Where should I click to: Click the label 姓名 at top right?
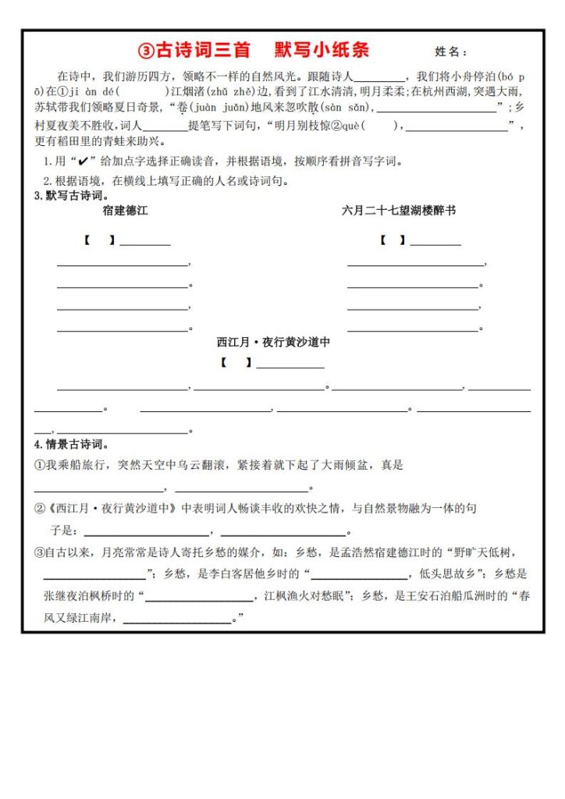click(449, 52)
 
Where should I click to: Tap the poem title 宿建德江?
click(125, 211)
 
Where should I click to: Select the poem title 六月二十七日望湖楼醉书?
click(399, 211)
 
